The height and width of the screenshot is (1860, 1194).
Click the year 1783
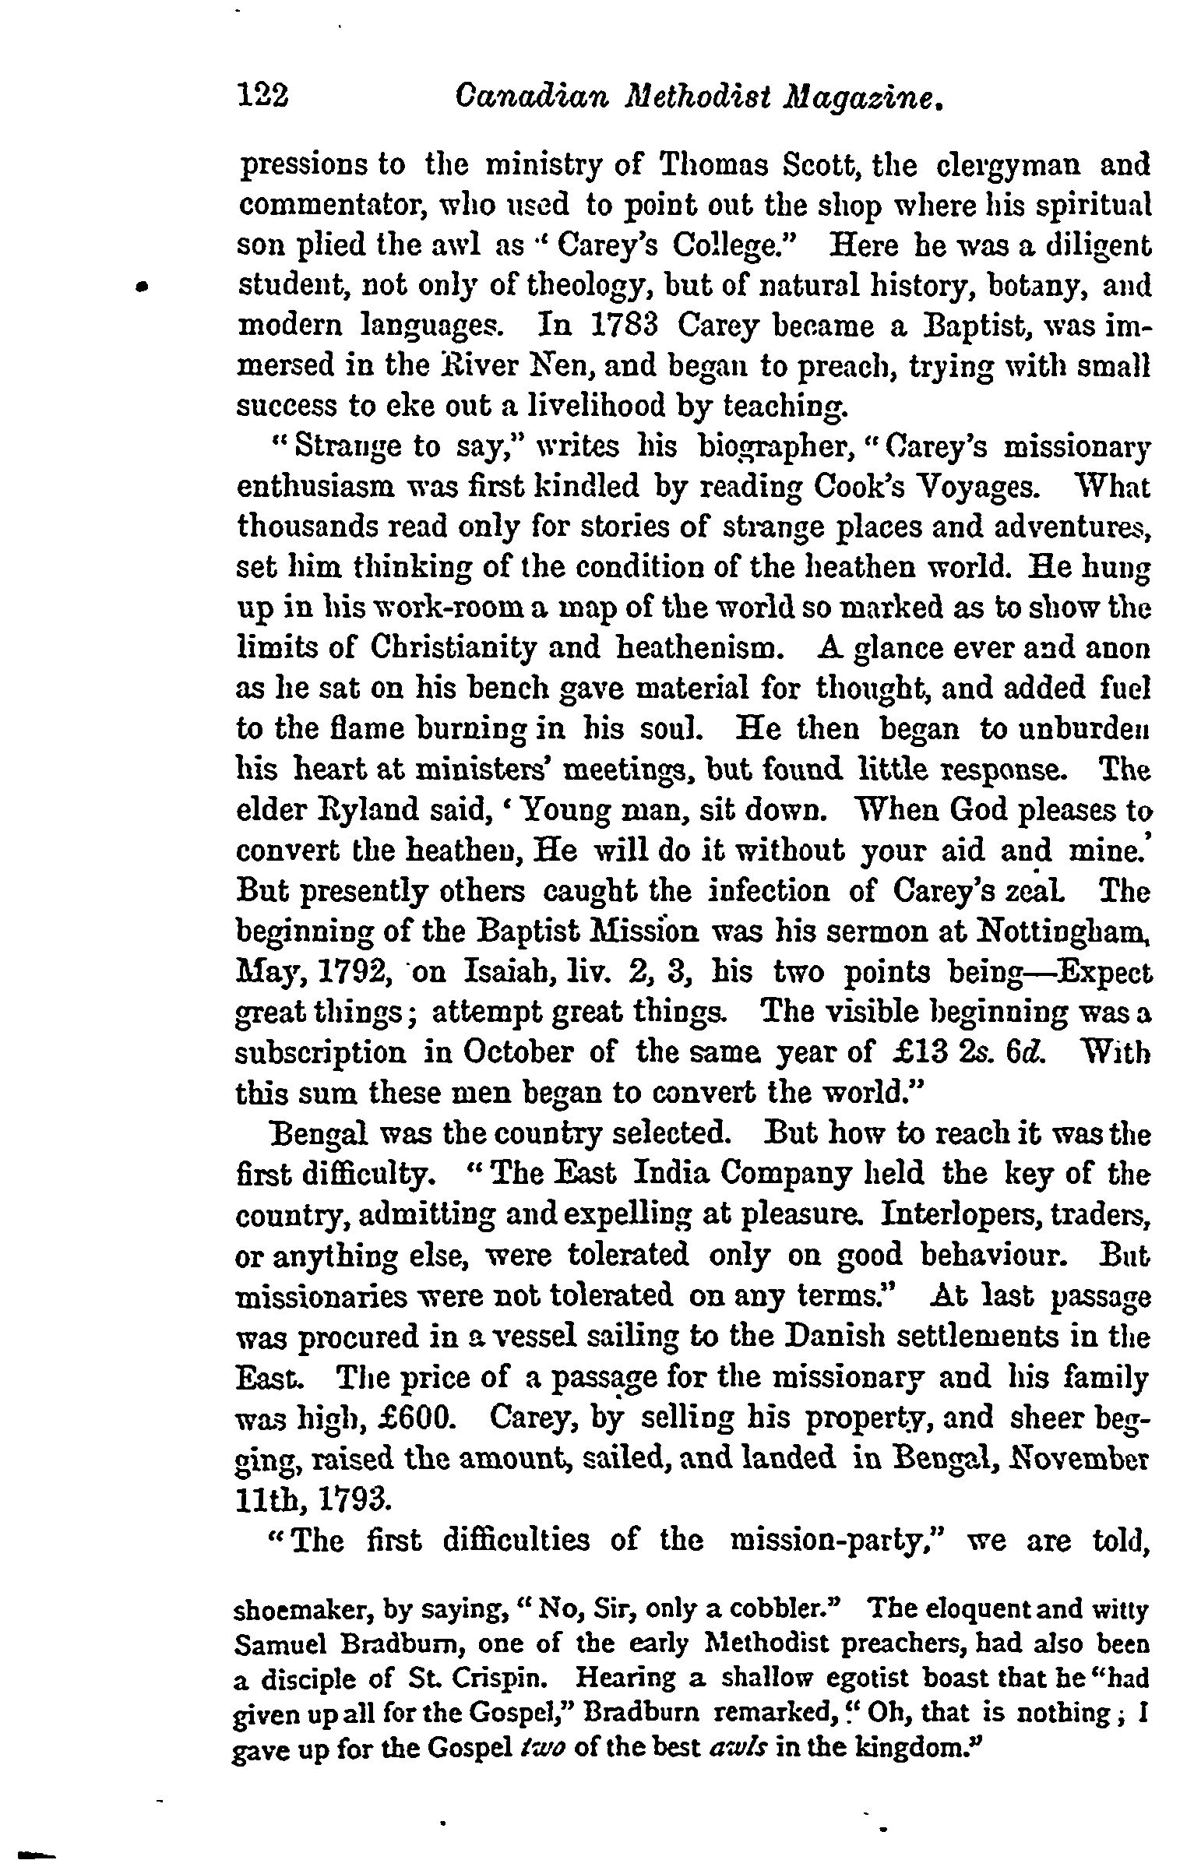pos(626,326)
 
